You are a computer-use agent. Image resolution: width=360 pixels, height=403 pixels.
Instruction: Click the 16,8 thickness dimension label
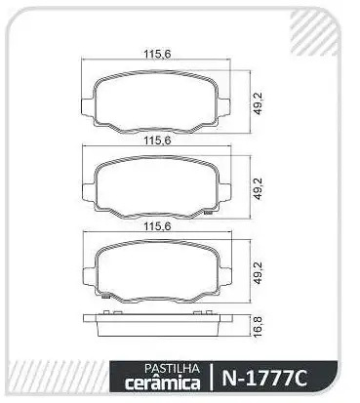(258, 324)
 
